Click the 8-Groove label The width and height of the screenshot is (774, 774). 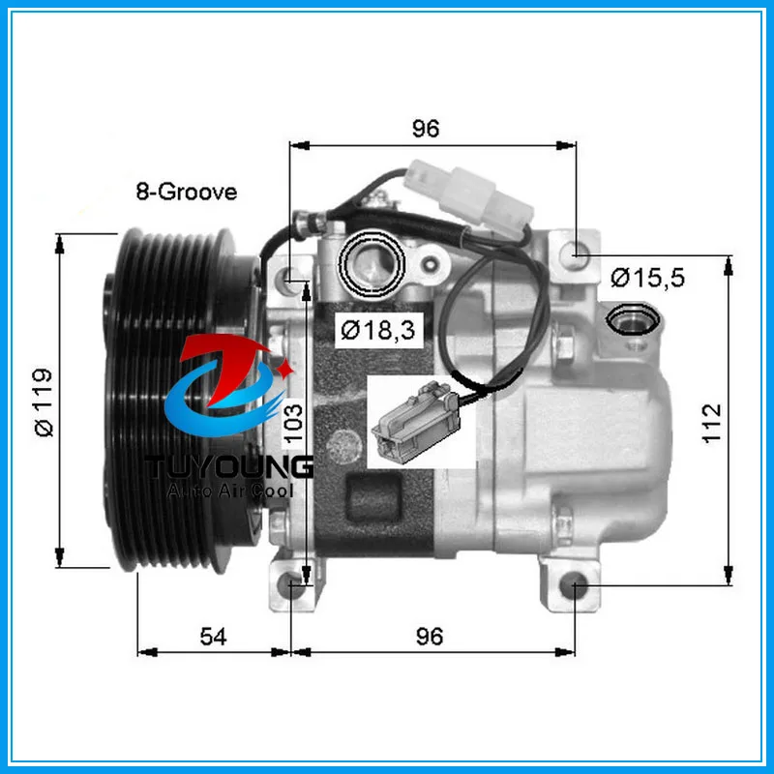pos(186,192)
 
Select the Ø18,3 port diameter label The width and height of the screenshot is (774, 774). pos(376,329)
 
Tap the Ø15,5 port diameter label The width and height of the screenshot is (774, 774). pos(647,280)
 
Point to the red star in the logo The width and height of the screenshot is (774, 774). pos(286,370)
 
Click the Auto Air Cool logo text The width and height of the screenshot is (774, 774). pos(231,491)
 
